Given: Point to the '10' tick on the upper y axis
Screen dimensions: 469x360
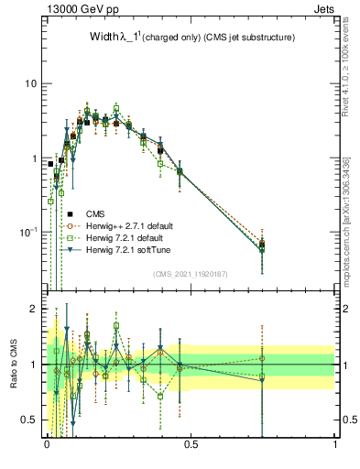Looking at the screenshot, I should (x=29, y=84).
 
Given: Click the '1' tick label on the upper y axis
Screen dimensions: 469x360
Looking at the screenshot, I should (x=34, y=158).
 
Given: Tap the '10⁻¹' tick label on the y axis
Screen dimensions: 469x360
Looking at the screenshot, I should (x=27, y=232).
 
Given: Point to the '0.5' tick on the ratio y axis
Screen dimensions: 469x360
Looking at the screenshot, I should (x=29, y=420).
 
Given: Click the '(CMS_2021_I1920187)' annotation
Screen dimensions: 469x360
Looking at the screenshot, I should (x=191, y=273).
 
